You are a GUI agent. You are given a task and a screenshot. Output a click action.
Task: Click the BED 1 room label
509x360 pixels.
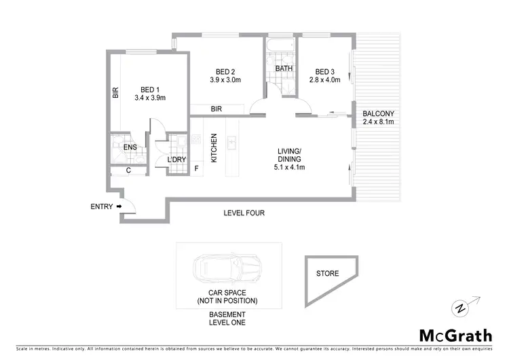click(x=150, y=88)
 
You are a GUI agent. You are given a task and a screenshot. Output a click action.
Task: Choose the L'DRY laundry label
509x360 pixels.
click(x=176, y=160)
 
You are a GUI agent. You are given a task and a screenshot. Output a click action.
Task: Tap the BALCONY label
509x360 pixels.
click(x=378, y=113)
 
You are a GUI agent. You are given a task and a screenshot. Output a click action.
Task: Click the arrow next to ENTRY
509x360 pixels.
click(x=119, y=206)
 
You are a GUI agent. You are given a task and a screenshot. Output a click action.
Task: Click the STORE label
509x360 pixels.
click(x=327, y=274)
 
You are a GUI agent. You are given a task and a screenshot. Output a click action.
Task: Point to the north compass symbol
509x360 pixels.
click(x=462, y=308)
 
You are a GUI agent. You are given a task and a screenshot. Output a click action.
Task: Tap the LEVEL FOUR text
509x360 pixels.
click(x=244, y=213)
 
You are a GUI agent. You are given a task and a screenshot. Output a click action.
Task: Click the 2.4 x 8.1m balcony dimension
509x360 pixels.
click(x=378, y=122)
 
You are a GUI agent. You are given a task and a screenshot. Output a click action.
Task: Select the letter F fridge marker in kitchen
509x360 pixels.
click(x=197, y=168)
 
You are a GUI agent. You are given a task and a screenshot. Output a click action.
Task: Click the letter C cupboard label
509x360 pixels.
click(x=129, y=170)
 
